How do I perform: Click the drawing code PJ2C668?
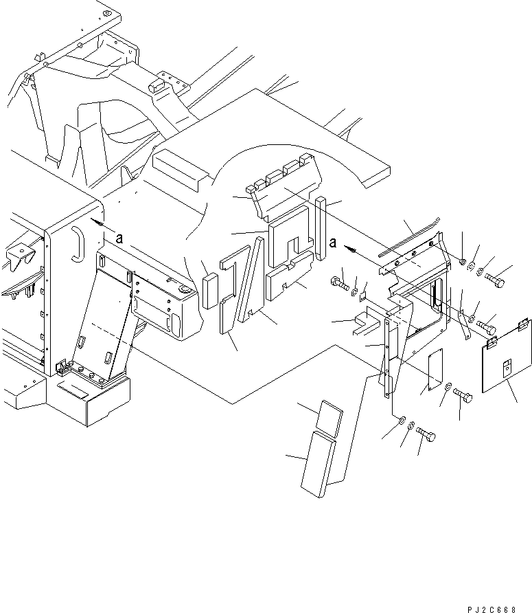pyautogui.click(x=491, y=609)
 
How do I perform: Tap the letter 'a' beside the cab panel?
pyautogui.click(x=119, y=238)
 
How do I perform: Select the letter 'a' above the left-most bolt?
pyautogui.click(x=333, y=243)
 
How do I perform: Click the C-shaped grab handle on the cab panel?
pyautogui.click(x=78, y=245)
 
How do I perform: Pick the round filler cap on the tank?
pyautogui.click(x=184, y=289)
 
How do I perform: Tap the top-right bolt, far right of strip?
pyautogui.click(x=495, y=280)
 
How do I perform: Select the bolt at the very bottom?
pyautogui.click(x=426, y=434)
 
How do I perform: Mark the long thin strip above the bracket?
pyautogui.click(x=409, y=237)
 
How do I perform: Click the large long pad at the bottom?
pyautogui.click(x=319, y=464)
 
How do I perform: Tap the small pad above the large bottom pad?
pyautogui.click(x=329, y=418)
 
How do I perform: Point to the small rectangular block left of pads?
pyautogui.click(x=211, y=291)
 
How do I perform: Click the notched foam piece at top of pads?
pyautogui.click(x=284, y=186)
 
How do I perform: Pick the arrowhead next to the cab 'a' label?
pyautogui.click(x=97, y=223)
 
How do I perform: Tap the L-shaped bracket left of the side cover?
pyautogui.click(x=367, y=322)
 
